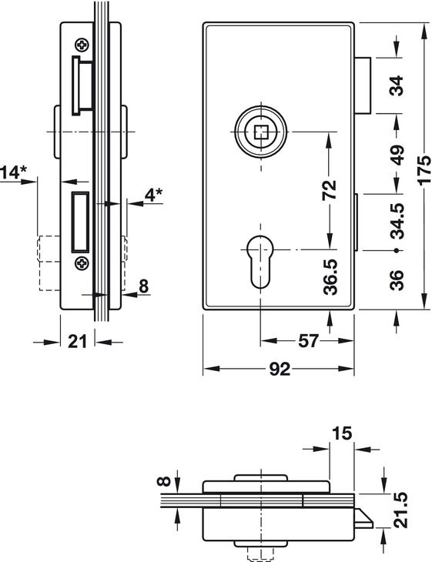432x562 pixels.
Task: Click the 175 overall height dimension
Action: coord(424,170)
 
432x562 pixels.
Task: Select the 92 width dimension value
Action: coord(280,369)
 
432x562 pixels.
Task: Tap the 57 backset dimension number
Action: coord(308,341)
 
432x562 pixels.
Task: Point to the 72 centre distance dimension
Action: coord(330,190)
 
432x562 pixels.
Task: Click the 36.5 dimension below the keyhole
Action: coord(330,276)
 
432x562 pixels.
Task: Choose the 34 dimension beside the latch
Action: coord(397,85)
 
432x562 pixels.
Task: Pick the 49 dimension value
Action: coord(397,155)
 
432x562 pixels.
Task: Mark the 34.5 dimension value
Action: coord(397,221)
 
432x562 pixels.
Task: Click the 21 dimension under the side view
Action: coord(78,342)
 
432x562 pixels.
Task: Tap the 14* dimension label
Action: coord(13,172)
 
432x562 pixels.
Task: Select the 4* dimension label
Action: coord(153,194)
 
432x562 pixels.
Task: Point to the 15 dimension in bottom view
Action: coord(342,433)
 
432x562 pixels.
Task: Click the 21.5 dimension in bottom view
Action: coord(400,510)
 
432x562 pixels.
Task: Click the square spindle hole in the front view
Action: coord(261,132)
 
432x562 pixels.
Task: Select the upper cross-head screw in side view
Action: coord(82,45)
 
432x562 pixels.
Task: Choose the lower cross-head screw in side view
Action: coord(82,263)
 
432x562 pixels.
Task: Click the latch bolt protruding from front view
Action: coord(363,85)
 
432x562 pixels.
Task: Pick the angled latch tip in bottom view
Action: coord(364,519)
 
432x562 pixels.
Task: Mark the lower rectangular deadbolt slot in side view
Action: coord(80,222)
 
